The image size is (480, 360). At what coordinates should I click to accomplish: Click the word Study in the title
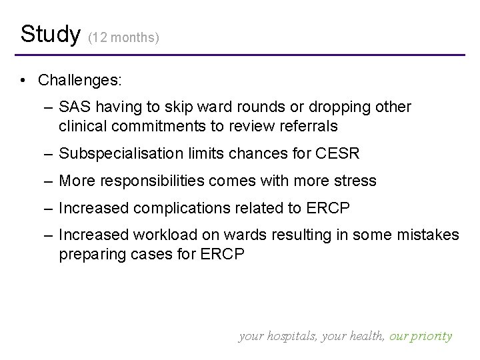pyautogui.click(x=50, y=33)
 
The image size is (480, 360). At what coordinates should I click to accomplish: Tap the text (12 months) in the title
pyautogui.click(x=124, y=38)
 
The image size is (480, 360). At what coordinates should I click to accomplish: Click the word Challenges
pyautogui.click(x=80, y=80)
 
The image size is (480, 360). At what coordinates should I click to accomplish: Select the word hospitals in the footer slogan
pyautogui.click(x=292, y=336)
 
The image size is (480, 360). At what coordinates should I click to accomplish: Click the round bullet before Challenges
pyautogui.click(x=23, y=81)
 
